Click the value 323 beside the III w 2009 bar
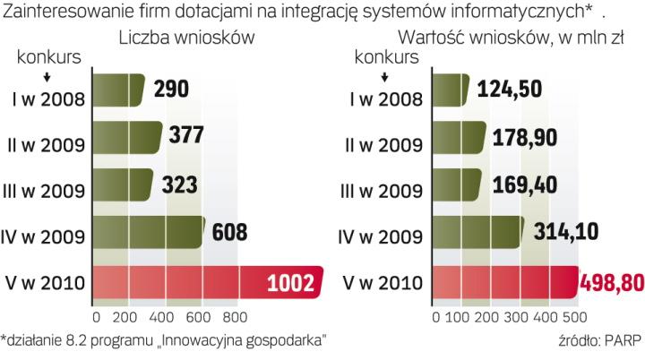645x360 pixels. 180,185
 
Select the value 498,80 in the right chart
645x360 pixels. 611,284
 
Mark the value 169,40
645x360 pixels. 528,185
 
